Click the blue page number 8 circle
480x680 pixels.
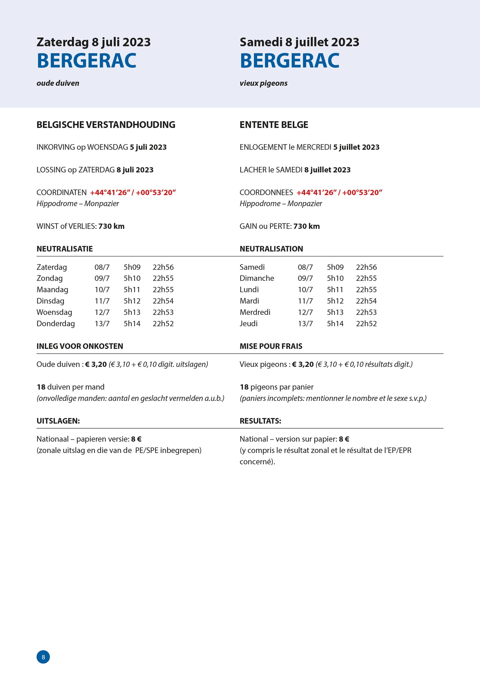point(43,657)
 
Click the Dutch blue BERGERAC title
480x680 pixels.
point(86,61)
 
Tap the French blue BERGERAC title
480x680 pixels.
point(290,61)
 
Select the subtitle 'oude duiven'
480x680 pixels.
point(58,83)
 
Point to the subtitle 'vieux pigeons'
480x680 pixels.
point(264,83)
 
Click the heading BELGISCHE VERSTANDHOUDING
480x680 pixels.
point(106,125)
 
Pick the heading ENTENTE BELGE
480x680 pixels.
point(274,125)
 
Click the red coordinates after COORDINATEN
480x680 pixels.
point(133,192)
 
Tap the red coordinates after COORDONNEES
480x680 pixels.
point(339,192)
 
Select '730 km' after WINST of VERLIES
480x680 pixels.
point(111,226)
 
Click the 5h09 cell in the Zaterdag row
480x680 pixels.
point(132,267)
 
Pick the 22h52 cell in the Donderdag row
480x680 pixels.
point(163,323)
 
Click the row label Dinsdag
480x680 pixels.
point(50,301)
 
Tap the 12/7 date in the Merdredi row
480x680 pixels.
point(305,312)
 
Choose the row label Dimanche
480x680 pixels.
point(257,278)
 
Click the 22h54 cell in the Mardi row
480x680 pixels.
point(366,301)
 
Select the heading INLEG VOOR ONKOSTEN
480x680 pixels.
point(80,346)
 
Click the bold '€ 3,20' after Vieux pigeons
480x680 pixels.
point(303,364)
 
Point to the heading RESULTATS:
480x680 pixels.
point(260,421)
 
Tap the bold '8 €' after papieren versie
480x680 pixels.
point(136,439)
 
